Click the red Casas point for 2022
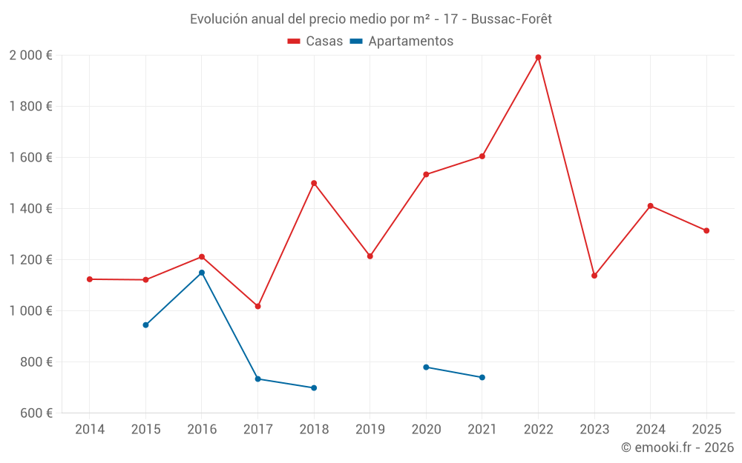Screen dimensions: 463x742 [x=538, y=57]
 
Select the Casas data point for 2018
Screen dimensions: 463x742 [x=314, y=183]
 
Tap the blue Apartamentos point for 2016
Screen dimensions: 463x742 [x=202, y=273]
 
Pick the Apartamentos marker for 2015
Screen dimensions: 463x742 [x=145, y=325]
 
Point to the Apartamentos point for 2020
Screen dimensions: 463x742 [x=426, y=367]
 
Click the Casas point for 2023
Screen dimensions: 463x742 [x=594, y=276]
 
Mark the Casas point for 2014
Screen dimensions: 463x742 [x=90, y=279]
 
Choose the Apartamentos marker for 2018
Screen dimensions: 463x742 [x=314, y=388]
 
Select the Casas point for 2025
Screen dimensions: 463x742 [x=706, y=230]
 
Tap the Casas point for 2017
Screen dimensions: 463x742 [x=257, y=306]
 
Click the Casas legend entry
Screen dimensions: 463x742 [x=315, y=41]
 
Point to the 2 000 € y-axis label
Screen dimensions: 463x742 [x=31, y=56]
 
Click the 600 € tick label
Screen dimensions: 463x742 [x=36, y=413]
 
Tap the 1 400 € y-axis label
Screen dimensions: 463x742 [x=31, y=209]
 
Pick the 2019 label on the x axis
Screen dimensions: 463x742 [x=370, y=430]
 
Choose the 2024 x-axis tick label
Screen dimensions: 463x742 [x=650, y=430]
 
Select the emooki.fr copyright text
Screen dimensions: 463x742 [x=677, y=447]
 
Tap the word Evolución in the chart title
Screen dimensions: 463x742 [x=218, y=19]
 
